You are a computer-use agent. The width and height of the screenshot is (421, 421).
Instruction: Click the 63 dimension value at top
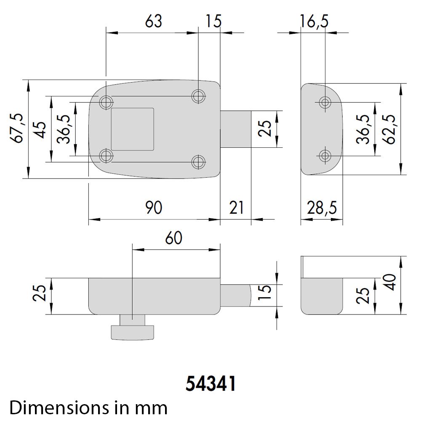154,21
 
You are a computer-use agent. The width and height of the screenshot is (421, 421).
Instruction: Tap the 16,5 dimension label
314,21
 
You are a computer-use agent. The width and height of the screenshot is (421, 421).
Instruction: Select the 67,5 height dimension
17,128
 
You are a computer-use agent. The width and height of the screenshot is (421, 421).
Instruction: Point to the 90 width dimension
154,208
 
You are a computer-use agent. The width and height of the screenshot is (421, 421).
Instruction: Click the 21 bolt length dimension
236,208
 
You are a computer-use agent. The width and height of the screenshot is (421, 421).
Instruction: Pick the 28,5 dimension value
322,208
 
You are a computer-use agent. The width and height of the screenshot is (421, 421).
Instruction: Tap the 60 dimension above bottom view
174,238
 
